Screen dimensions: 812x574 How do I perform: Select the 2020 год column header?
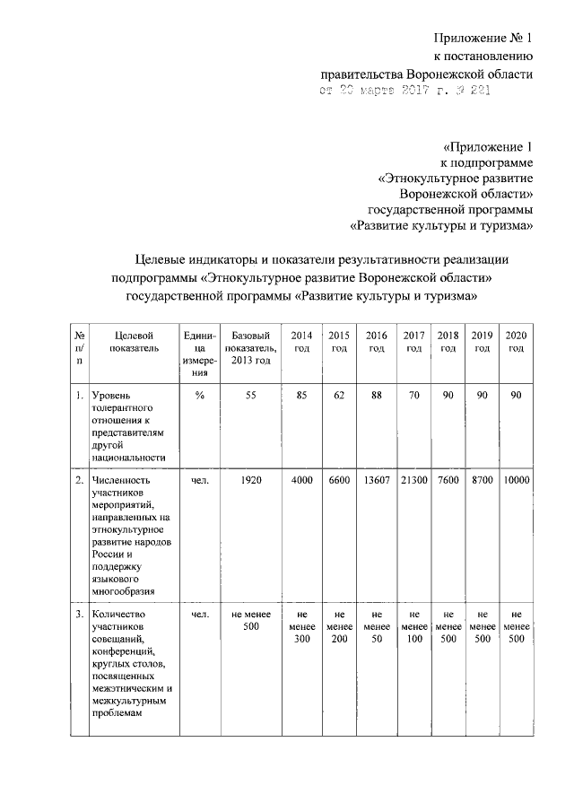516,342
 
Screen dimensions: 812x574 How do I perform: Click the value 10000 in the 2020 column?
516,480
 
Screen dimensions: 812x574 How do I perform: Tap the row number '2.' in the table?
80,480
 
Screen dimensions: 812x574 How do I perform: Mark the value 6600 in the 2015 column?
339,480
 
